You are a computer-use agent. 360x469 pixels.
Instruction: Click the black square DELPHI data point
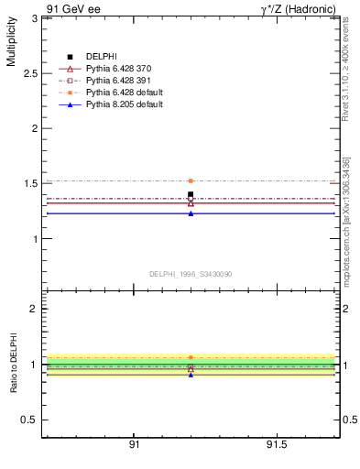click(x=191, y=194)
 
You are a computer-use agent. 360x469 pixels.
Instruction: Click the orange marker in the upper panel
click(x=191, y=181)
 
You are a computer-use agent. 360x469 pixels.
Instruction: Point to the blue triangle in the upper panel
click(x=191, y=213)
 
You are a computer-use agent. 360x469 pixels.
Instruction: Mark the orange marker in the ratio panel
click(x=191, y=357)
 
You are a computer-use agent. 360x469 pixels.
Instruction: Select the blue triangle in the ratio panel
click(x=191, y=375)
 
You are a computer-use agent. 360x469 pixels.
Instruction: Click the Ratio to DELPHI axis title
click(x=14, y=365)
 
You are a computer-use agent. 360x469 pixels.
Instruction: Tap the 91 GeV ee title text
click(x=71, y=8)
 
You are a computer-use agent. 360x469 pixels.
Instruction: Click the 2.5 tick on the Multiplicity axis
click(x=30, y=73)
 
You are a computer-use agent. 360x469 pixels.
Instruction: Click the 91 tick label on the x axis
click(x=134, y=445)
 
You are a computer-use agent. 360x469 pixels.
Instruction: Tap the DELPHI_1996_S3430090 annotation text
click(x=190, y=274)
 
